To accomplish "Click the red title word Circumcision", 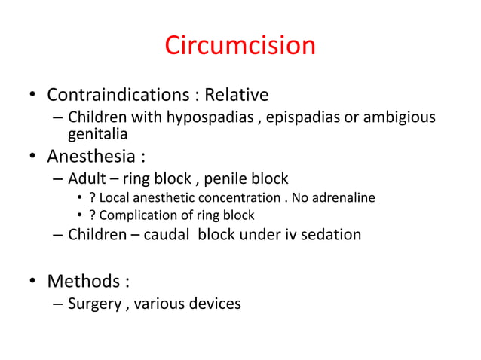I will pos(240,47).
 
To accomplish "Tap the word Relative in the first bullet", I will pos(237,96).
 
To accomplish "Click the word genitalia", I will pos(98,134).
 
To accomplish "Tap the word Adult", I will pos(85,179).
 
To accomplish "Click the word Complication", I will pos(137,215).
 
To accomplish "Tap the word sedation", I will pos(332,234).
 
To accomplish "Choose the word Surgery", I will pos(94,304).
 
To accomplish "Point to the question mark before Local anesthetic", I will pos(92,198).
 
